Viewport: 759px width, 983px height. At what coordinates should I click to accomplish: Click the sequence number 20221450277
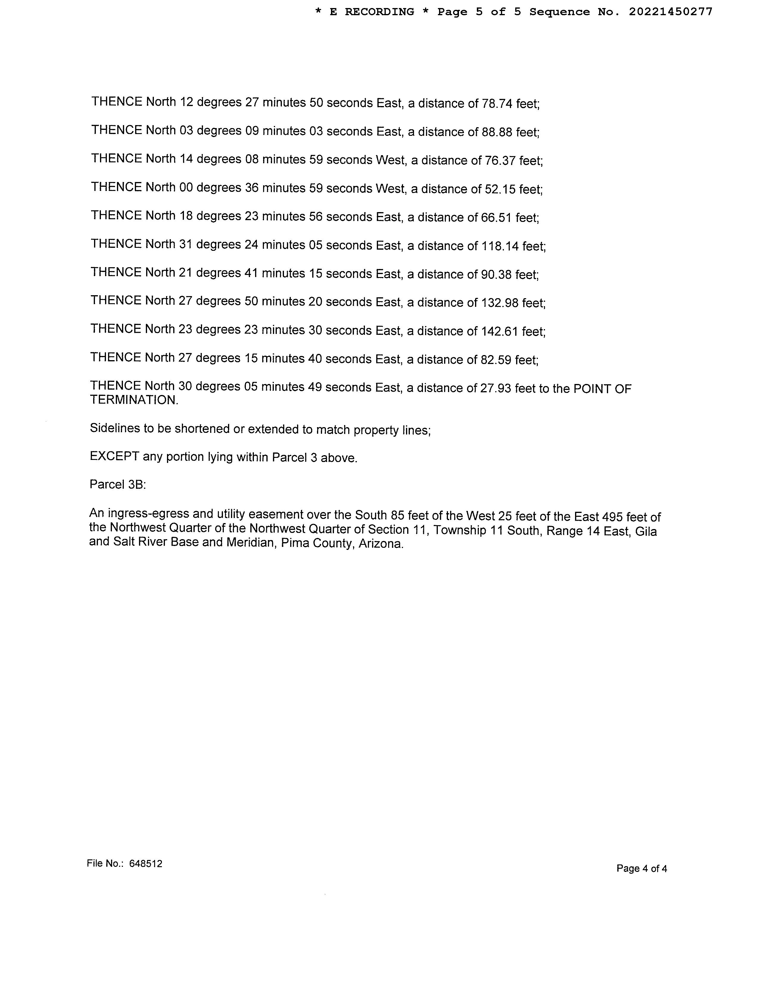[670, 12]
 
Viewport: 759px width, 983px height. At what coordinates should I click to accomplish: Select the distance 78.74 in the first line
[497, 104]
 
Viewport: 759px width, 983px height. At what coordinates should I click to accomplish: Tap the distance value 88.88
[497, 132]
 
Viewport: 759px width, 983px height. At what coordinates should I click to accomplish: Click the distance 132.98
[499, 303]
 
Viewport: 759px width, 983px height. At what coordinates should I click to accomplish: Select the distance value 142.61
[499, 331]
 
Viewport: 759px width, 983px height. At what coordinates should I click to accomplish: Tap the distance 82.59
[496, 360]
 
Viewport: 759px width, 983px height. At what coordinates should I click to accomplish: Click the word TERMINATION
[134, 400]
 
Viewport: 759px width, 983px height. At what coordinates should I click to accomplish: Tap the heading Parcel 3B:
[118, 484]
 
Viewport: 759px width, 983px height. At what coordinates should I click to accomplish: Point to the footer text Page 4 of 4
[642, 868]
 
